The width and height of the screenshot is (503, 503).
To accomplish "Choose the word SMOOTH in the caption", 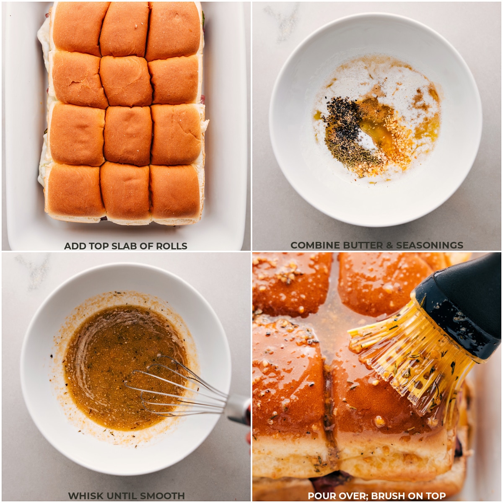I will click(162, 496).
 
